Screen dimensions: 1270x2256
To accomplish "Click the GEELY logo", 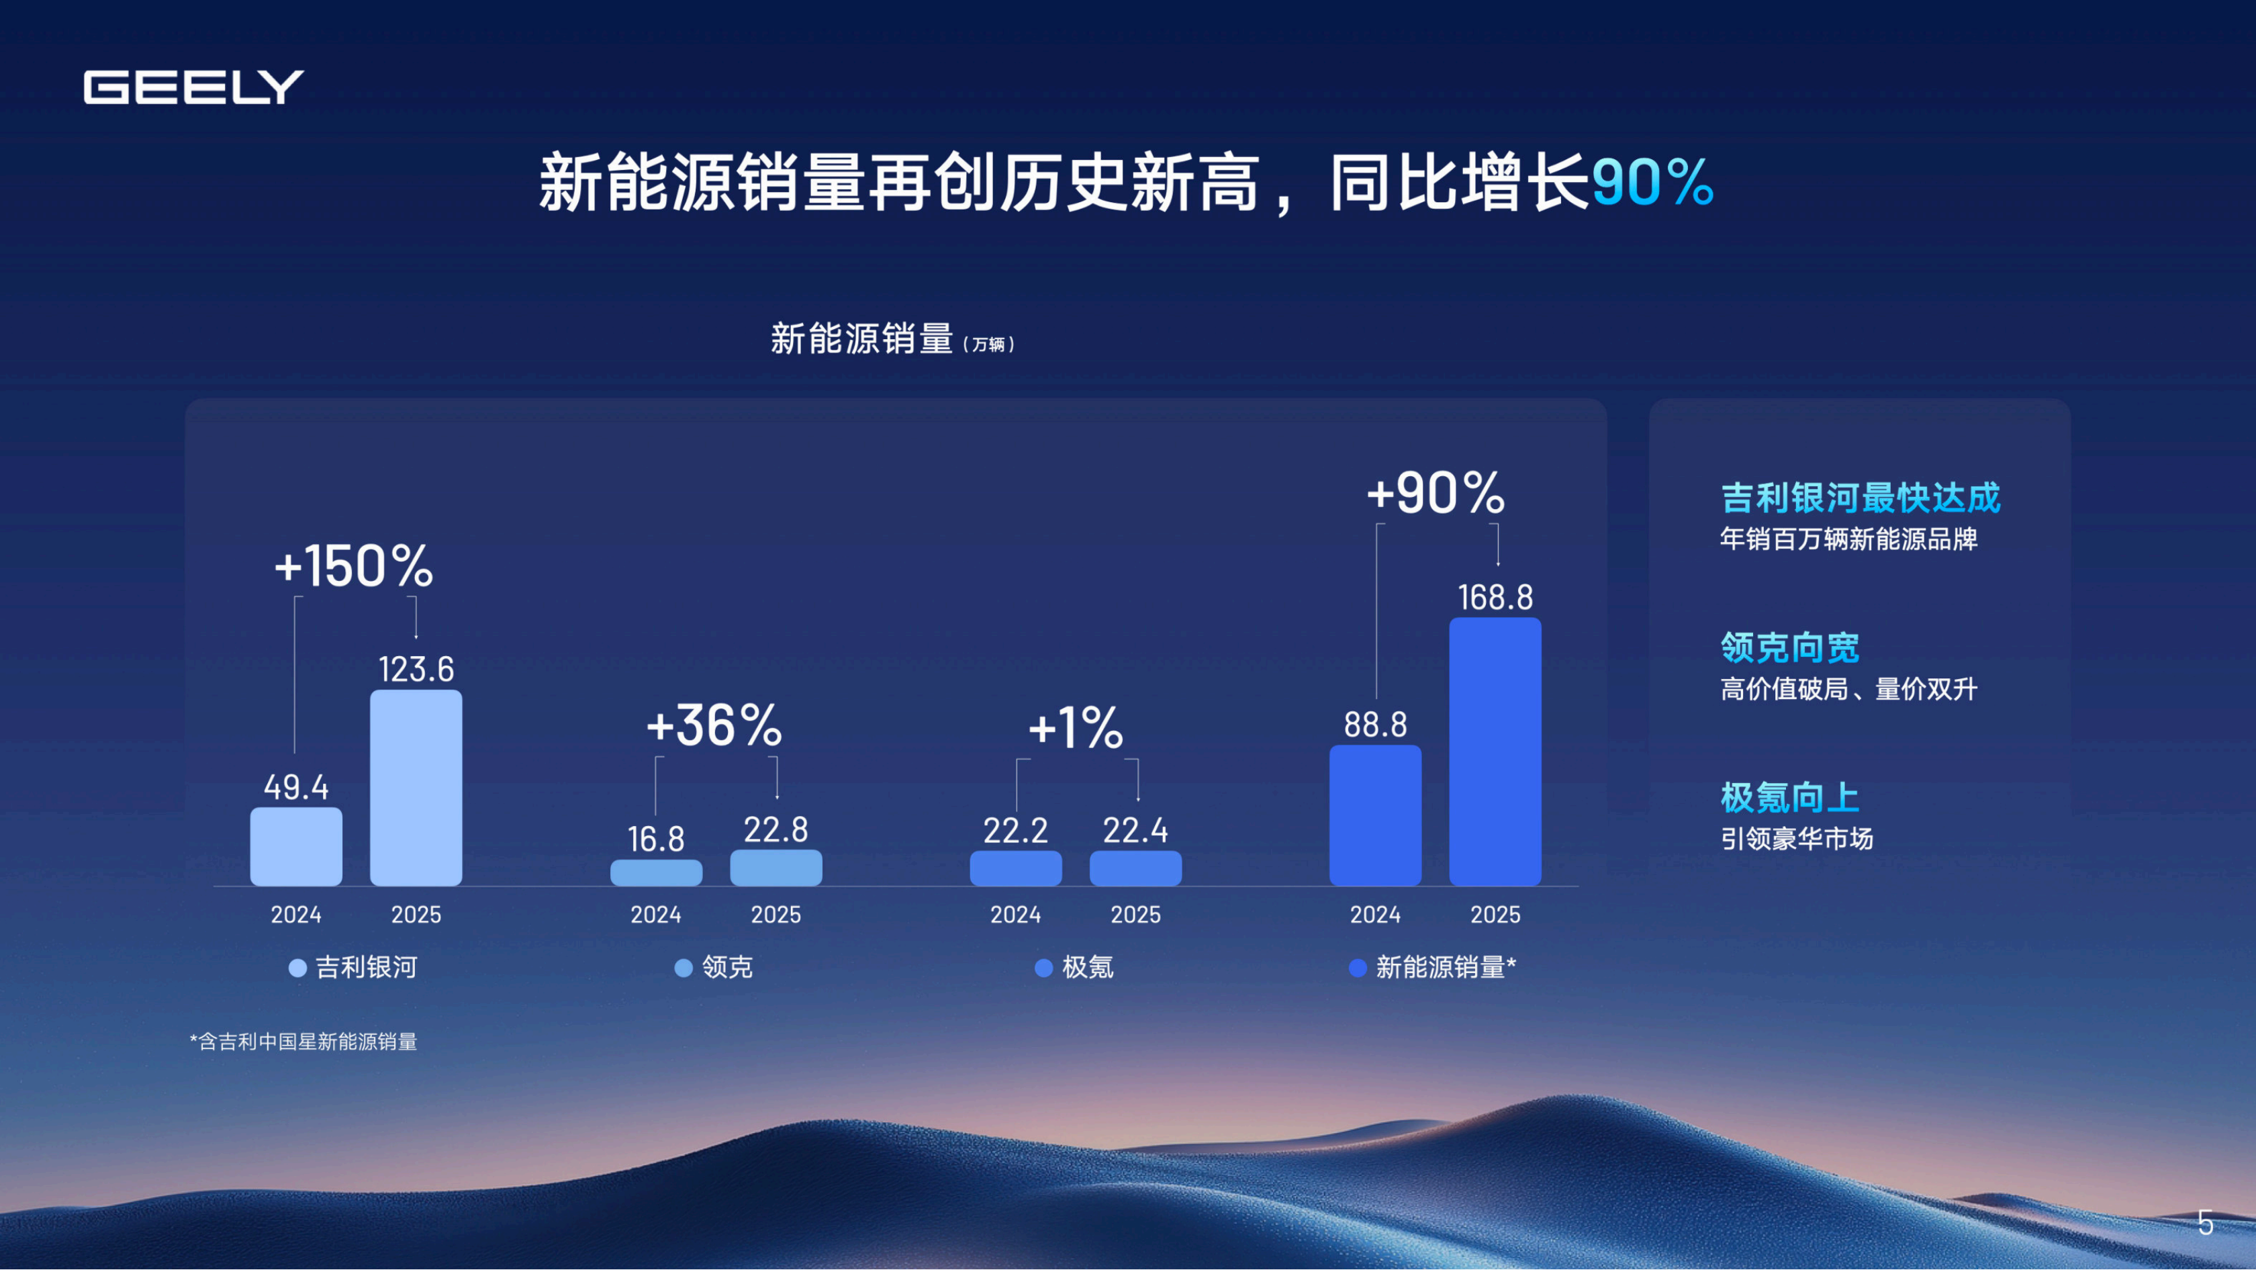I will [x=193, y=87].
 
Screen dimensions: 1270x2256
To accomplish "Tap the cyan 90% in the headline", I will [x=1652, y=182].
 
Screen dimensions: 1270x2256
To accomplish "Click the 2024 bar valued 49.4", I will [x=296, y=846].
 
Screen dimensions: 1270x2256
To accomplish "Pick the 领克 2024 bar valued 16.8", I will [x=656, y=872].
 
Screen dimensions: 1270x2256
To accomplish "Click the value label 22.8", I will [x=776, y=829].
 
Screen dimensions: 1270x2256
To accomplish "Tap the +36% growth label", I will [x=714, y=726].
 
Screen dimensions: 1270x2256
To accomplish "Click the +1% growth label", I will [x=1076, y=728].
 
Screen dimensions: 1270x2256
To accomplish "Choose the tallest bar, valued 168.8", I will [x=1495, y=752].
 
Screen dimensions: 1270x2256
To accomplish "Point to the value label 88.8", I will [x=1375, y=725].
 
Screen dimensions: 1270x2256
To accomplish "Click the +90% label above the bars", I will [x=1436, y=493].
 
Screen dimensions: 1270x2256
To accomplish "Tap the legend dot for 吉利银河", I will [x=297, y=968].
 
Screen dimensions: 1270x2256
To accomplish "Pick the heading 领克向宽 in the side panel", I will [x=1789, y=647].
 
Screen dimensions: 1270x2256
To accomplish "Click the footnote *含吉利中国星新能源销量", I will [x=304, y=1042].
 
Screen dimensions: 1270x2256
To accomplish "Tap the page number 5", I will [x=2205, y=1223].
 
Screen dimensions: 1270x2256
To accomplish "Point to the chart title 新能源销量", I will [x=861, y=339].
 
